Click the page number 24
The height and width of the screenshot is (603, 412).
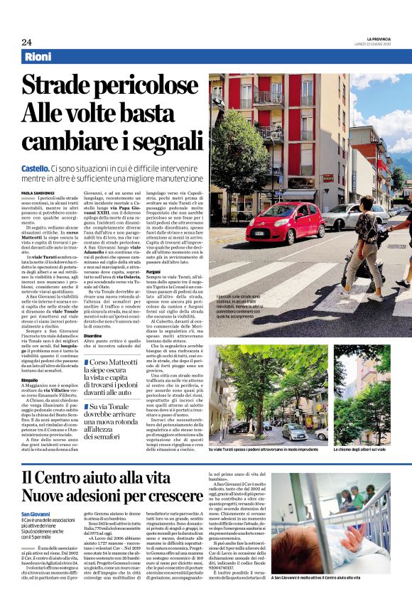pos(26,42)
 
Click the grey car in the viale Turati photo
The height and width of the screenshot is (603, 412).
pos(294,431)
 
